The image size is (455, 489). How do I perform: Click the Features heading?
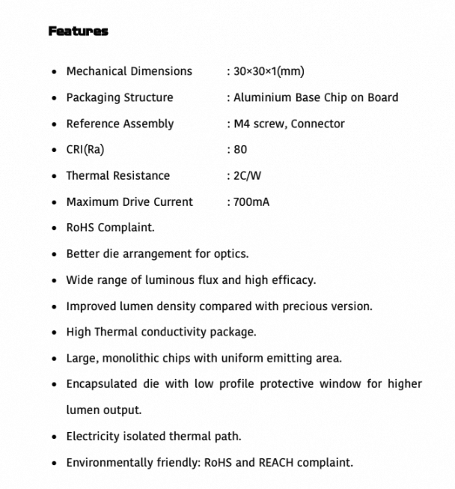pyautogui.click(x=78, y=31)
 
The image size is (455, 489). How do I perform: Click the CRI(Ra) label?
pyautogui.click(x=85, y=149)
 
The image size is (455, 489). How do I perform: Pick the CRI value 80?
pyautogui.click(x=240, y=150)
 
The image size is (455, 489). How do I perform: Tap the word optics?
pyautogui.click(x=230, y=254)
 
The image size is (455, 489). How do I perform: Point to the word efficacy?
pyautogui.click(x=293, y=280)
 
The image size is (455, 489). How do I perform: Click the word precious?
pyautogui.click(x=305, y=306)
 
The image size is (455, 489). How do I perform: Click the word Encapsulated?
pyautogui.click(x=103, y=384)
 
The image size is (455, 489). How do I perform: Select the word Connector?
pyautogui.click(x=317, y=124)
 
